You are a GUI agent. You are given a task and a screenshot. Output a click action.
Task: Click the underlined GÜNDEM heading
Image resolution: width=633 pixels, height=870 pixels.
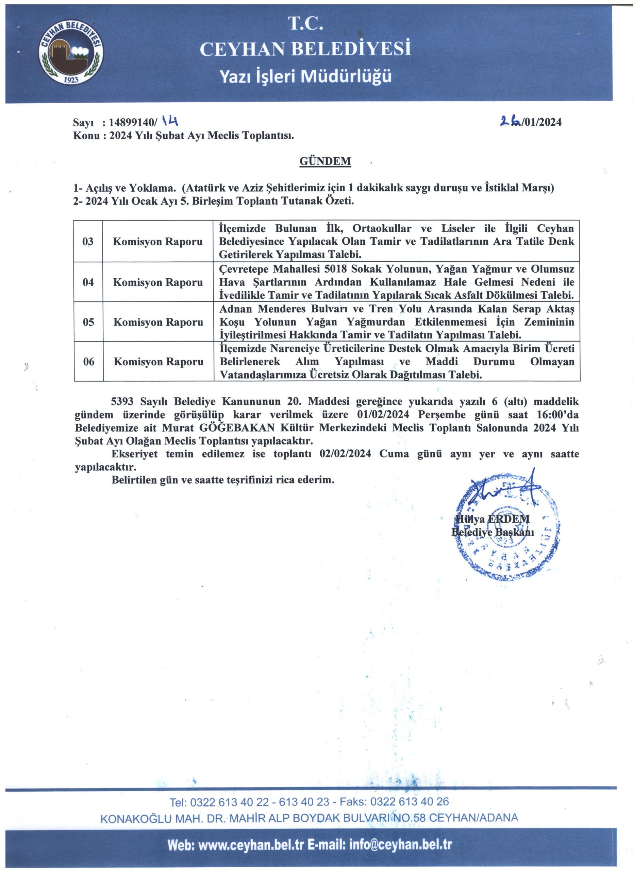coord(325,161)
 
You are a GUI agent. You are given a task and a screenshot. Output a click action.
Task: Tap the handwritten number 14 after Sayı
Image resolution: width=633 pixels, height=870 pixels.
coord(169,122)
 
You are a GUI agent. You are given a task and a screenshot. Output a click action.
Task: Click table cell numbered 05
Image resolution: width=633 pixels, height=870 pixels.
coord(88,322)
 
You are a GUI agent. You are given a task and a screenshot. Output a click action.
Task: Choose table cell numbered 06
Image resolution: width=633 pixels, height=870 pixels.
coord(88,361)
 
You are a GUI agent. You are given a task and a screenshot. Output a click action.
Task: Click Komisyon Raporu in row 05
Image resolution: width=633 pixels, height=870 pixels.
coord(158,322)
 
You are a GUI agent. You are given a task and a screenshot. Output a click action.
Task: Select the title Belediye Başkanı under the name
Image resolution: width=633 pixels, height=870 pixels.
coord(493,532)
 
